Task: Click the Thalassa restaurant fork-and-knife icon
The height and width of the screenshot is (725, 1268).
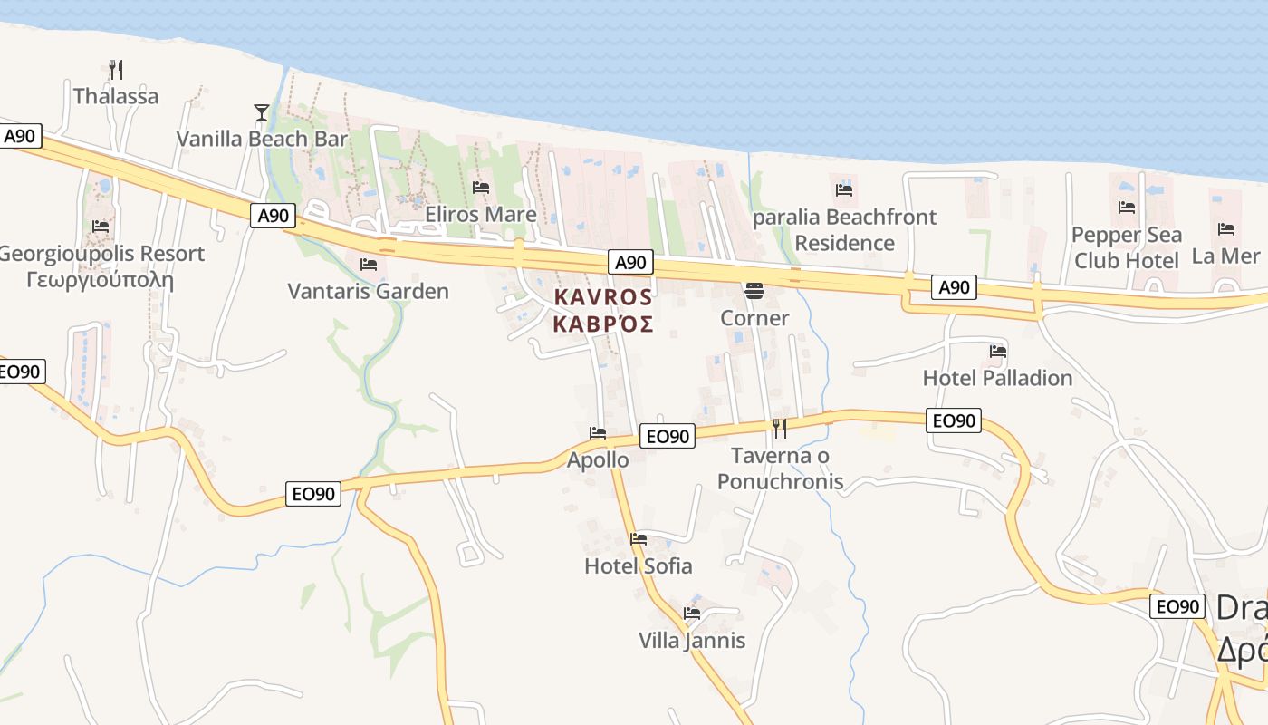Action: [x=115, y=69]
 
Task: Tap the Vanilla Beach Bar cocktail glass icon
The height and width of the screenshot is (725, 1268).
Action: [x=261, y=112]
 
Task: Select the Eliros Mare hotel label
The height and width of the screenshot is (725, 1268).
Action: [x=481, y=215]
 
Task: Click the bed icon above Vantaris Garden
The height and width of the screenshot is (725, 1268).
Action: [x=368, y=265]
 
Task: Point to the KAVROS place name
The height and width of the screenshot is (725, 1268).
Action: [x=602, y=297]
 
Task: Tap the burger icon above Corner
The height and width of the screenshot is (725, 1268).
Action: [x=754, y=291]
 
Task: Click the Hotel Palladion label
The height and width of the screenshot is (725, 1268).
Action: [x=997, y=378]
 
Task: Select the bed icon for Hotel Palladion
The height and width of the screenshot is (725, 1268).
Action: [x=998, y=352]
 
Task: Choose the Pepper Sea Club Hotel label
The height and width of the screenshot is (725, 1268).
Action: [x=1127, y=247]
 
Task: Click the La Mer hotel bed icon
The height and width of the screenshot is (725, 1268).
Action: [x=1226, y=229]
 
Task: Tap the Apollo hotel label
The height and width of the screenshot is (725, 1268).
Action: [x=598, y=460]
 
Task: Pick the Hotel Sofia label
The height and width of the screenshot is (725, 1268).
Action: [x=639, y=566]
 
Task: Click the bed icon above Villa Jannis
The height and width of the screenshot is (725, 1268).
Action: [x=692, y=614]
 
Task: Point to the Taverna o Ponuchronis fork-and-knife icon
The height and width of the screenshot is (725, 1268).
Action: [x=779, y=428]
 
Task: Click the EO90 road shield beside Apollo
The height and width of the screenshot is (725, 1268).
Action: [x=668, y=436]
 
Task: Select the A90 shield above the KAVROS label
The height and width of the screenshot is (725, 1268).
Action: [x=630, y=263]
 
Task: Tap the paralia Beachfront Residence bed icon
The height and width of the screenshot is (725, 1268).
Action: [x=844, y=189]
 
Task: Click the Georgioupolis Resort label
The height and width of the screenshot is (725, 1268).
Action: [x=101, y=254]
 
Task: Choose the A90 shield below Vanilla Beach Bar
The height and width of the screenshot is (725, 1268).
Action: [x=273, y=216]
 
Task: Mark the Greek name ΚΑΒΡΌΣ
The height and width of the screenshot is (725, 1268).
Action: [x=602, y=324]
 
